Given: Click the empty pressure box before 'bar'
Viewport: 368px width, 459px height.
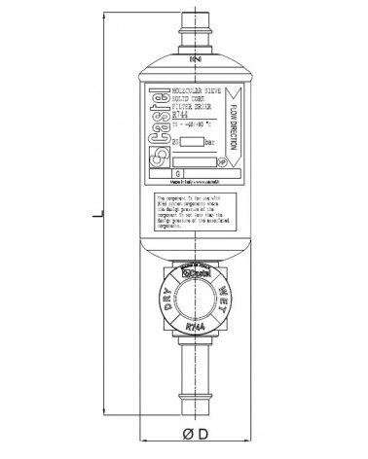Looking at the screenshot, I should point(192,143).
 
